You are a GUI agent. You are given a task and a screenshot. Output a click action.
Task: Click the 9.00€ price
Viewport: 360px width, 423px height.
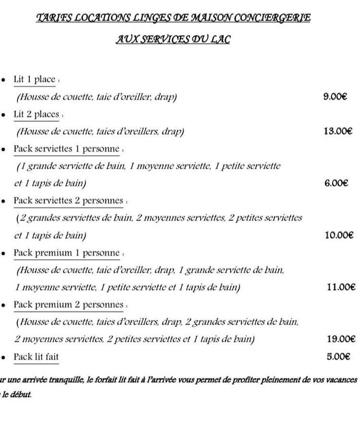click(x=335, y=97)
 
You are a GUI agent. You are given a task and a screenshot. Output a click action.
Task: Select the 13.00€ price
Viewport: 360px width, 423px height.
click(x=337, y=131)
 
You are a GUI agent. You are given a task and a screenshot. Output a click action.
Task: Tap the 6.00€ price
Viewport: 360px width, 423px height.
click(x=336, y=183)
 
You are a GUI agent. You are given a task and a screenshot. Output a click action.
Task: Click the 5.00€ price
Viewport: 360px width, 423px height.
click(x=339, y=356)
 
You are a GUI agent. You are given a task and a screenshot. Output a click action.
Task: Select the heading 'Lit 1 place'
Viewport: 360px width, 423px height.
click(x=34, y=80)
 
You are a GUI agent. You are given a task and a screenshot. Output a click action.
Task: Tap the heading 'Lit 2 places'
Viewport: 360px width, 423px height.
click(x=37, y=114)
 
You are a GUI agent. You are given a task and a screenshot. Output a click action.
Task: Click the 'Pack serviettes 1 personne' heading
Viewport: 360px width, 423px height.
click(x=66, y=149)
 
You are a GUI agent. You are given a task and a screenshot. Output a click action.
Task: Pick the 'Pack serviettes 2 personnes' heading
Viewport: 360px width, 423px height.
click(x=68, y=201)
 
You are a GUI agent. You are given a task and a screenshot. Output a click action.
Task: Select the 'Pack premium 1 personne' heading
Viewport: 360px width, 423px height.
click(x=66, y=253)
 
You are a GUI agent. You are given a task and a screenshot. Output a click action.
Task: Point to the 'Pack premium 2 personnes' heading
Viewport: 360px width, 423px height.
click(x=68, y=304)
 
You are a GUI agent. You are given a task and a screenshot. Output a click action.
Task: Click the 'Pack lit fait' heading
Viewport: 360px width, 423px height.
click(x=36, y=357)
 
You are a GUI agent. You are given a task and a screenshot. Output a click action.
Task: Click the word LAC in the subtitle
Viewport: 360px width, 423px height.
click(x=221, y=39)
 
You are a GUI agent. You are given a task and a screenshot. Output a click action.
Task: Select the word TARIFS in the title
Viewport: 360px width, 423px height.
click(x=55, y=18)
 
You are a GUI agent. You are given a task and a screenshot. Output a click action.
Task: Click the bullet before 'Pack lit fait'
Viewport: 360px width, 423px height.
click(x=4, y=357)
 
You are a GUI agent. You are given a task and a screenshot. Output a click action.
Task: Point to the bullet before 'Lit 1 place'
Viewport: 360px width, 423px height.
click(x=4, y=80)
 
